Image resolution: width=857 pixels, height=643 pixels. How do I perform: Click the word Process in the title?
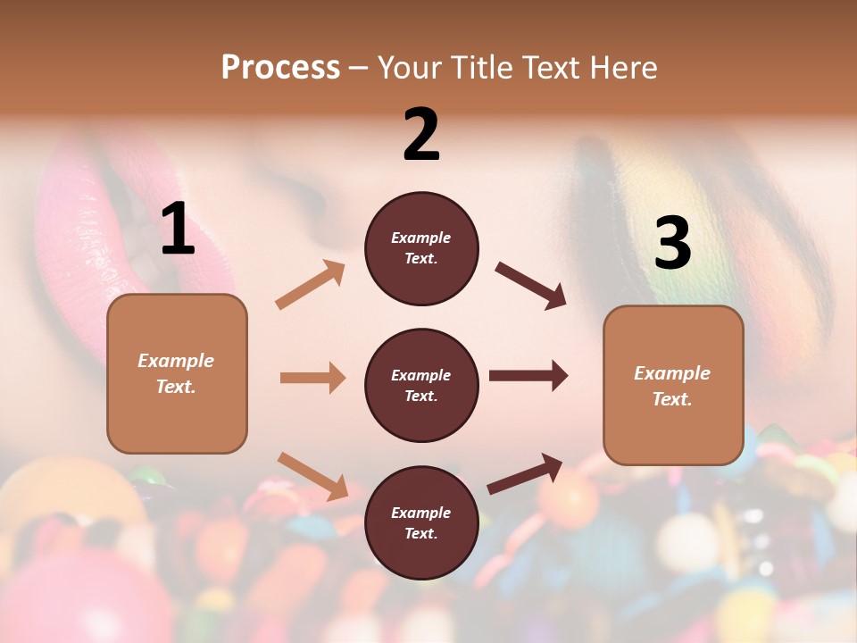280,68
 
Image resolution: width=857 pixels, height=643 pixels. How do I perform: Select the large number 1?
178,230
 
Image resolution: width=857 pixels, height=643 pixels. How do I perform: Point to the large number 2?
421,135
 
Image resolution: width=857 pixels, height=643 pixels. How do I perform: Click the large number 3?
672,243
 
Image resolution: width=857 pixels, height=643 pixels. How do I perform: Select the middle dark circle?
421,385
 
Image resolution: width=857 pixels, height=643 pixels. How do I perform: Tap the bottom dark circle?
421,522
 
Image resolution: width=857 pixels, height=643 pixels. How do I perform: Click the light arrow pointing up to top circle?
311,285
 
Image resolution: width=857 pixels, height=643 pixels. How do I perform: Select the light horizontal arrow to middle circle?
312,378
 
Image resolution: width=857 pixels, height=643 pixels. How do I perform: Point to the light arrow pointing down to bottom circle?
312,476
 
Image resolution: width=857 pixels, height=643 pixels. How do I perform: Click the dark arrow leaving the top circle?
530,286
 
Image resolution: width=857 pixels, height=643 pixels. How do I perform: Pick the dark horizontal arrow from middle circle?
528,376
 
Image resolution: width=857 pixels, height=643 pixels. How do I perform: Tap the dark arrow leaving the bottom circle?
525,473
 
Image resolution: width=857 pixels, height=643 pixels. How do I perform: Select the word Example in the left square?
176,361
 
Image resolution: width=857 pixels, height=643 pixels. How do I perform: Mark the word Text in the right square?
670,399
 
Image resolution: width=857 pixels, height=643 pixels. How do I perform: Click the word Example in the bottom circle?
421,513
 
